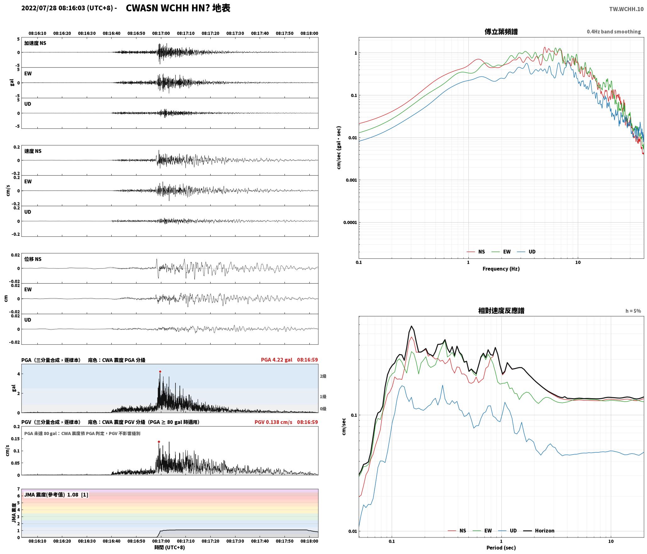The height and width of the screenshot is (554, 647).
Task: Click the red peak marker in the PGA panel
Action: point(160,372)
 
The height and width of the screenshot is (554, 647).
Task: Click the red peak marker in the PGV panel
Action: point(159,442)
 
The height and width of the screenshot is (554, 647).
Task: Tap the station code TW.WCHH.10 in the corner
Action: point(626,9)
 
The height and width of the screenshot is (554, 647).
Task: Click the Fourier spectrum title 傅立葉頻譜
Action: point(501,32)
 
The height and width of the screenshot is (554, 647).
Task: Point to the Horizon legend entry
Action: point(539,530)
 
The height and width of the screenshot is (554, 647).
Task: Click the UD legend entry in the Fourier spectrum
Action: point(526,252)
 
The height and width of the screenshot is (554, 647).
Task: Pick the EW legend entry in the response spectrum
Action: point(482,530)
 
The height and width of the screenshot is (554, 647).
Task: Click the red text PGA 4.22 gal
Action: point(276,360)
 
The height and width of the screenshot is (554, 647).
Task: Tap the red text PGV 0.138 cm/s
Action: point(273,422)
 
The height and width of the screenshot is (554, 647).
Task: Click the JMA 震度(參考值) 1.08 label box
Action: point(56,495)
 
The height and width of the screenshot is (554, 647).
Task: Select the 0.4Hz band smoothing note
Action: point(614,32)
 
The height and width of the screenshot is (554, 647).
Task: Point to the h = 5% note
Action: point(633,311)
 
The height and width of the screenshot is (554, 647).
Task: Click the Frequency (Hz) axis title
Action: point(501,269)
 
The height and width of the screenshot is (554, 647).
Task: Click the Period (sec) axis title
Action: point(501,548)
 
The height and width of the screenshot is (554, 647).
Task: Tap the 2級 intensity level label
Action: point(323,376)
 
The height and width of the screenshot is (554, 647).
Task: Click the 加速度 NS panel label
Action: point(35,43)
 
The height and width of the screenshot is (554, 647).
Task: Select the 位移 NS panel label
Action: point(33,259)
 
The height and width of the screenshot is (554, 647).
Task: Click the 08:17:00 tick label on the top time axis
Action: point(161,33)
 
